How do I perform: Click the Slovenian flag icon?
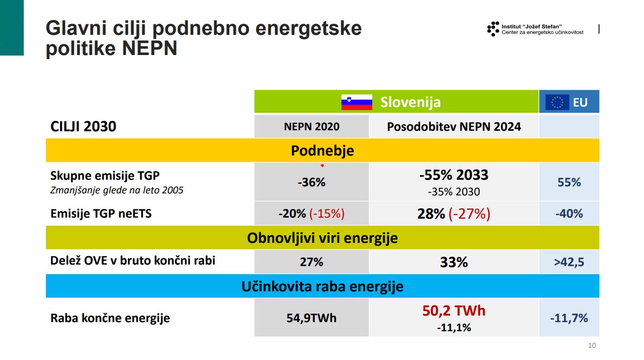coord(357,102)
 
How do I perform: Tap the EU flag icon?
coord(557,102)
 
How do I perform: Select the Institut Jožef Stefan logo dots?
coord(492,29)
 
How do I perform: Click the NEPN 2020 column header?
coord(312,127)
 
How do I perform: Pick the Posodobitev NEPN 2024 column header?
coord(454,127)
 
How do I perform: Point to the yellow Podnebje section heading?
coord(322,150)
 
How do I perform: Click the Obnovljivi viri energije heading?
coord(322,238)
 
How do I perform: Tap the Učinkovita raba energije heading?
coord(322,287)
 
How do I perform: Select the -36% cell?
coord(312,182)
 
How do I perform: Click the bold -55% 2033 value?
coord(454,175)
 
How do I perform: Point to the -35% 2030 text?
coord(454,192)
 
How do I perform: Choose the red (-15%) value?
coord(327,214)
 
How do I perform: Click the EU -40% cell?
coord(569,214)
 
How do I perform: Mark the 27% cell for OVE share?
coord(312,262)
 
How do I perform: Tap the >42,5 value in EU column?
coord(569,262)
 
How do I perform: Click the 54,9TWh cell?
coord(312,318)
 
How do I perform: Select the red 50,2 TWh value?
coord(454,311)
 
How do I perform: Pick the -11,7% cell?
coord(569,318)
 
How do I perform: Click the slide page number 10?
coord(592,346)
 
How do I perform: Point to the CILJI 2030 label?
coord(83,127)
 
